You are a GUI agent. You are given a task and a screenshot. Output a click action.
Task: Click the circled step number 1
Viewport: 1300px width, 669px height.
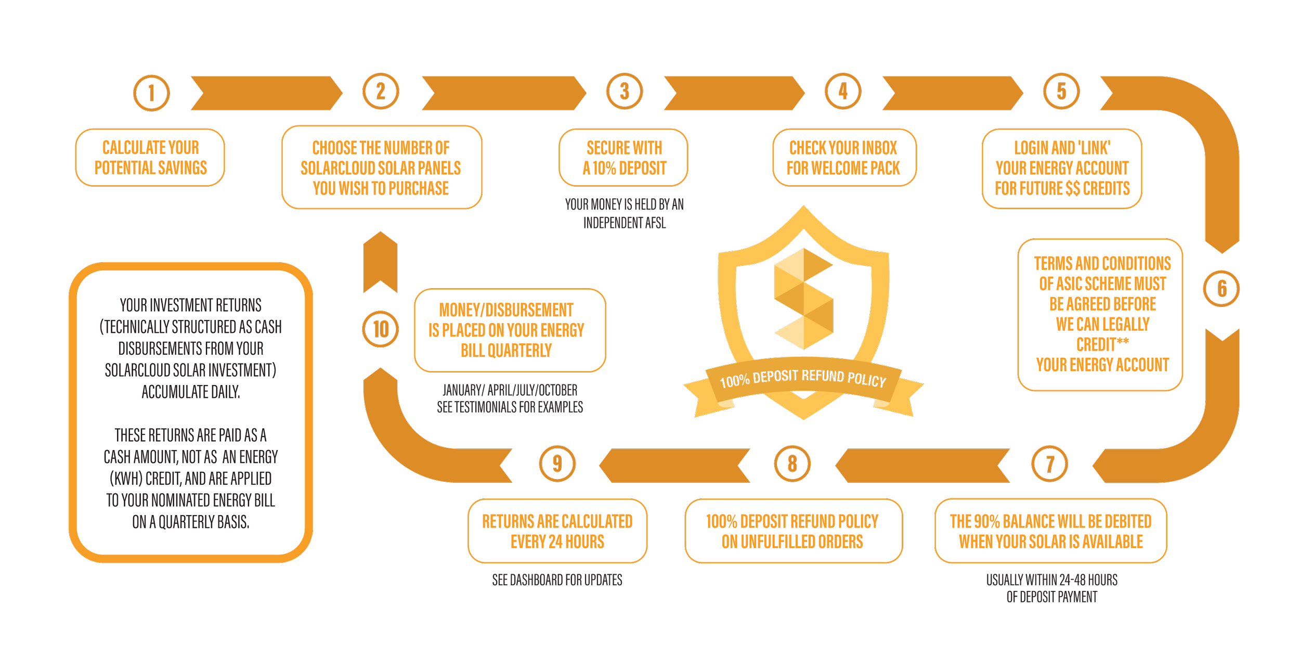click(151, 93)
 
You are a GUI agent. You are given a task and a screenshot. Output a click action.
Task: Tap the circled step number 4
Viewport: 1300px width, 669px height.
click(843, 92)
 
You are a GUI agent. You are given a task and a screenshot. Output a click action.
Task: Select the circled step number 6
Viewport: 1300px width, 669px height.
click(1221, 288)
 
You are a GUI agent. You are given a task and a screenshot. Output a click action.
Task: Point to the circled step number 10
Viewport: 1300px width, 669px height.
click(381, 329)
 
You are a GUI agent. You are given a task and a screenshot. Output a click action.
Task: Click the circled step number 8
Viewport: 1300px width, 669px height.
click(792, 463)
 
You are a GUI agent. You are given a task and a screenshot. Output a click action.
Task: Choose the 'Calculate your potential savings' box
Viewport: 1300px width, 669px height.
click(150, 158)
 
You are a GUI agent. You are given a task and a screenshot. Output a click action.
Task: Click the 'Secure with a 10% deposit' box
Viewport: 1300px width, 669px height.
click(623, 158)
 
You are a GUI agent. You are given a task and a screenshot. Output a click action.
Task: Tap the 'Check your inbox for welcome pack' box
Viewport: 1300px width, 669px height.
click(843, 158)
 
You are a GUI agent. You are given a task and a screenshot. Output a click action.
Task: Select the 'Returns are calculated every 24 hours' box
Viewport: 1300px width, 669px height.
click(557, 531)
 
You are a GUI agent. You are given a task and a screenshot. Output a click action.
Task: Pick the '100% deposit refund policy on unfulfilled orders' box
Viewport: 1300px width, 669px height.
click(792, 531)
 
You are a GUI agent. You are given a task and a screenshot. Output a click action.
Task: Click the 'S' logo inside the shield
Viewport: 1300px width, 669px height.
click(803, 299)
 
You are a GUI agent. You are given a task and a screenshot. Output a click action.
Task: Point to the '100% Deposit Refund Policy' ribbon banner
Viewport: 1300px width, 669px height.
click(803, 379)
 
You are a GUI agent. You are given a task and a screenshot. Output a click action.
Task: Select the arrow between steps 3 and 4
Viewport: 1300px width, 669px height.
click(736, 93)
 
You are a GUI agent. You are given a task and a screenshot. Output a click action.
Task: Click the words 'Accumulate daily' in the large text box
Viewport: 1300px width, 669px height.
click(191, 392)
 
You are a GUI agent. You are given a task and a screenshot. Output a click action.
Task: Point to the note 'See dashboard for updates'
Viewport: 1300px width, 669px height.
click(557, 580)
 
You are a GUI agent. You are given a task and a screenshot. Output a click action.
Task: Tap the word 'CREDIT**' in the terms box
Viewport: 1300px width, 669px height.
click(1102, 344)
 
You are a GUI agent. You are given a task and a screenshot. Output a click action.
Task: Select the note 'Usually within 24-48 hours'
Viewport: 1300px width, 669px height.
click(1051, 580)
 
